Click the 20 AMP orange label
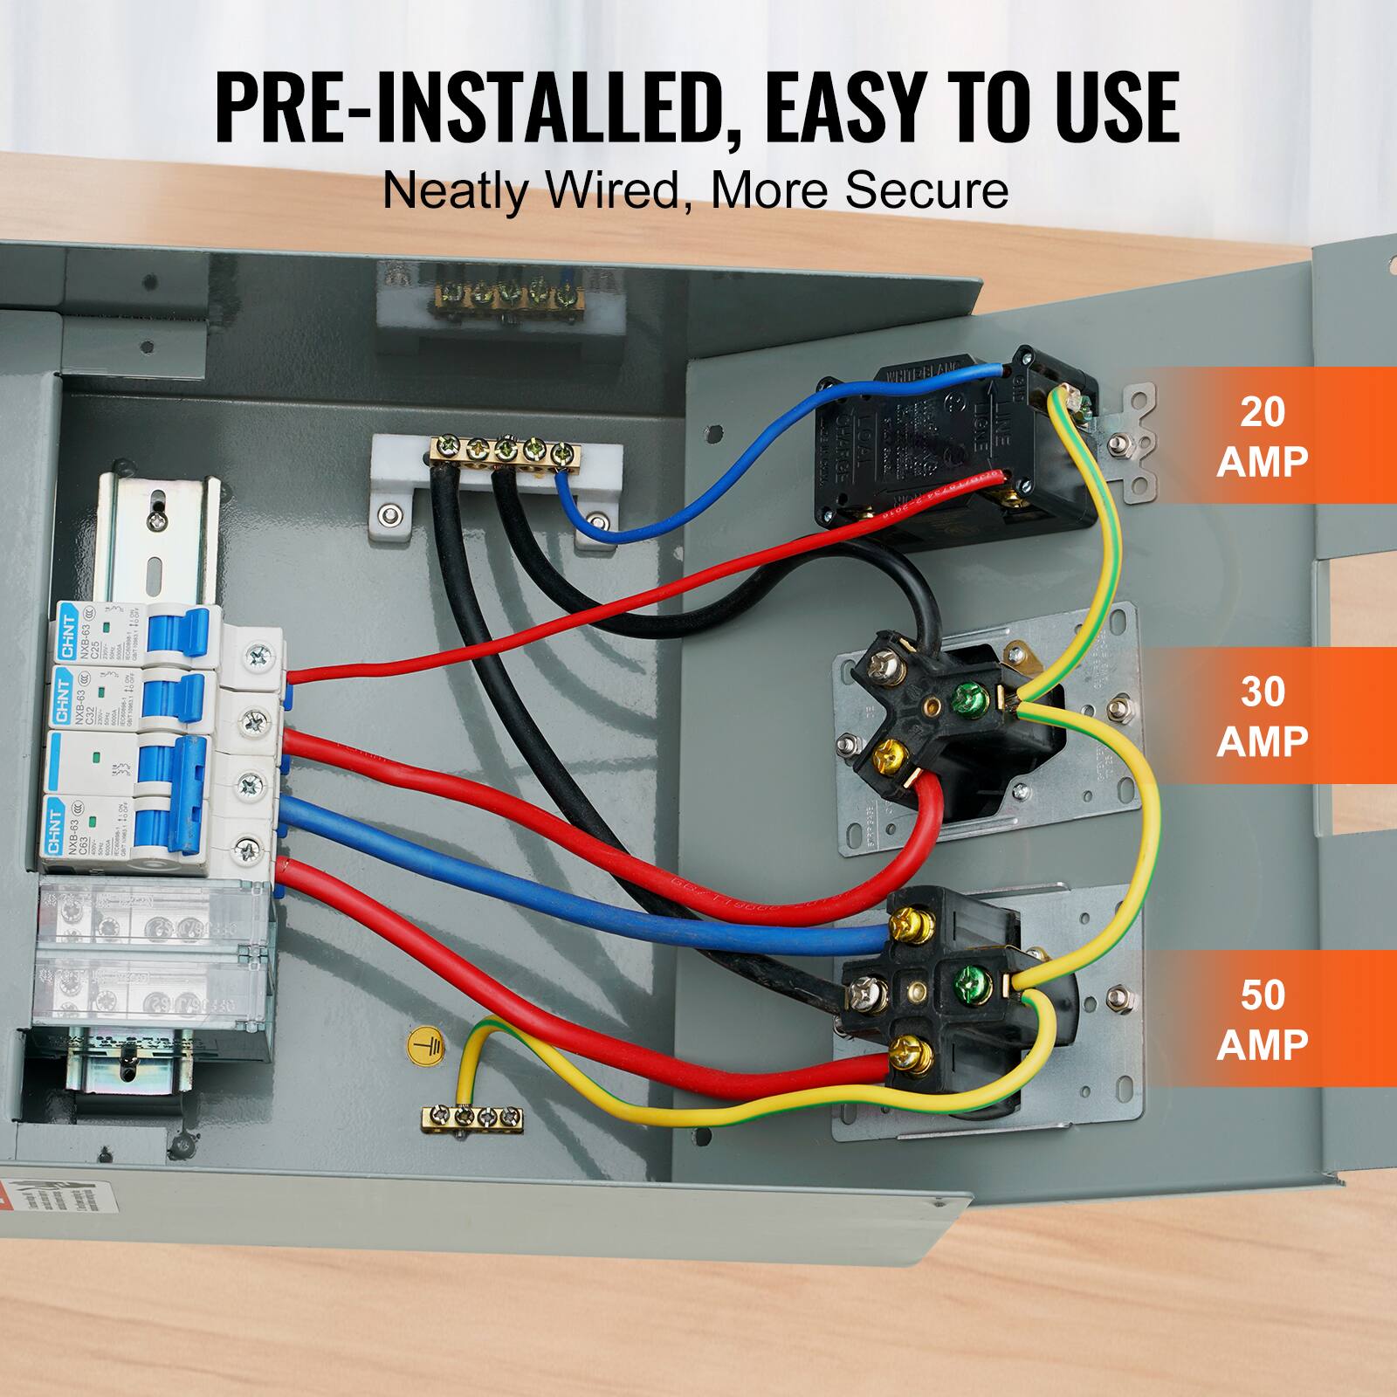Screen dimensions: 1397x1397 (x=1263, y=435)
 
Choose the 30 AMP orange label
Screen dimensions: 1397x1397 (x=1263, y=716)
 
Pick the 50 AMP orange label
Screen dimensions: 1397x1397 (x=1263, y=1018)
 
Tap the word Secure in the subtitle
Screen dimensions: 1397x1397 (x=926, y=190)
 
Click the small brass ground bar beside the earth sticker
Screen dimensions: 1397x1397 (x=471, y=1116)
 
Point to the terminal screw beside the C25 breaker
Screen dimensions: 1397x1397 (x=257, y=653)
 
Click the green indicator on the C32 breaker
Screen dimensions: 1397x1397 (x=105, y=694)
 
